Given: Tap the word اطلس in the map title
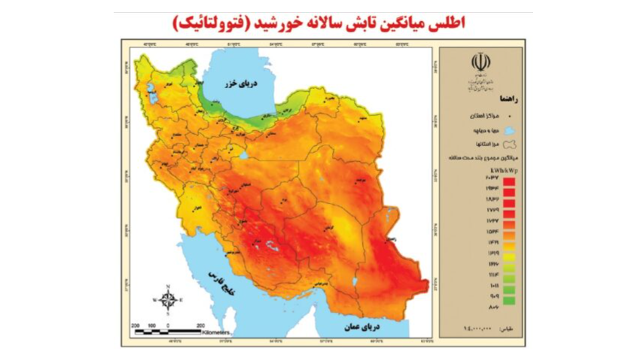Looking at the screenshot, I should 449,23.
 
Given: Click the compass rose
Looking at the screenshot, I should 168,299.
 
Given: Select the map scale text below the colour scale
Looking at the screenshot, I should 486,328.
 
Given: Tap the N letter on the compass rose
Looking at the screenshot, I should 168,286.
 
